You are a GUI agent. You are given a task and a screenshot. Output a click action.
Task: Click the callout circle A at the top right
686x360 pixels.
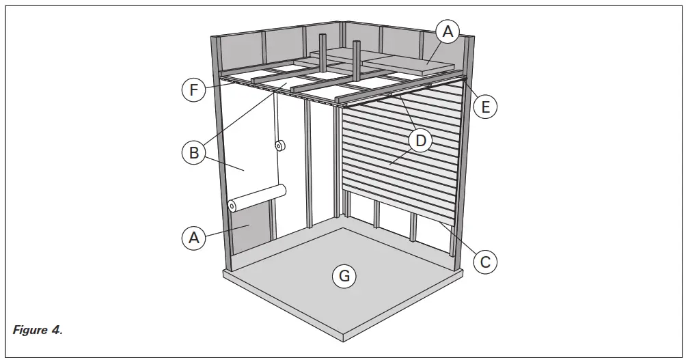point(448,31)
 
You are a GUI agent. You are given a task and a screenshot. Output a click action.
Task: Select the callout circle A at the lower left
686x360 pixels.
point(194,238)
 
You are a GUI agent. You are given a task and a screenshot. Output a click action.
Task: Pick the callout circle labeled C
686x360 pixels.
point(484,260)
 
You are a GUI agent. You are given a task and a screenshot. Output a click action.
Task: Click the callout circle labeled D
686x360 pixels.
point(421,141)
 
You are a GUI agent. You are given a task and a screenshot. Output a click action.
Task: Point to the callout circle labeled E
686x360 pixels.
point(485,107)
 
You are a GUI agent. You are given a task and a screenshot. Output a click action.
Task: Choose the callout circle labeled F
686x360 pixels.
point(194,90)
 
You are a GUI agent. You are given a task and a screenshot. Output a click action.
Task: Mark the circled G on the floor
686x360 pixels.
point(344,276)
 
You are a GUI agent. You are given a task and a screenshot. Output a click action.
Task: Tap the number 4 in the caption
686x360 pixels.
point(57,330)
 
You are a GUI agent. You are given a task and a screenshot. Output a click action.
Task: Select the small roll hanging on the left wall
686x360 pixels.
point(280,146)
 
